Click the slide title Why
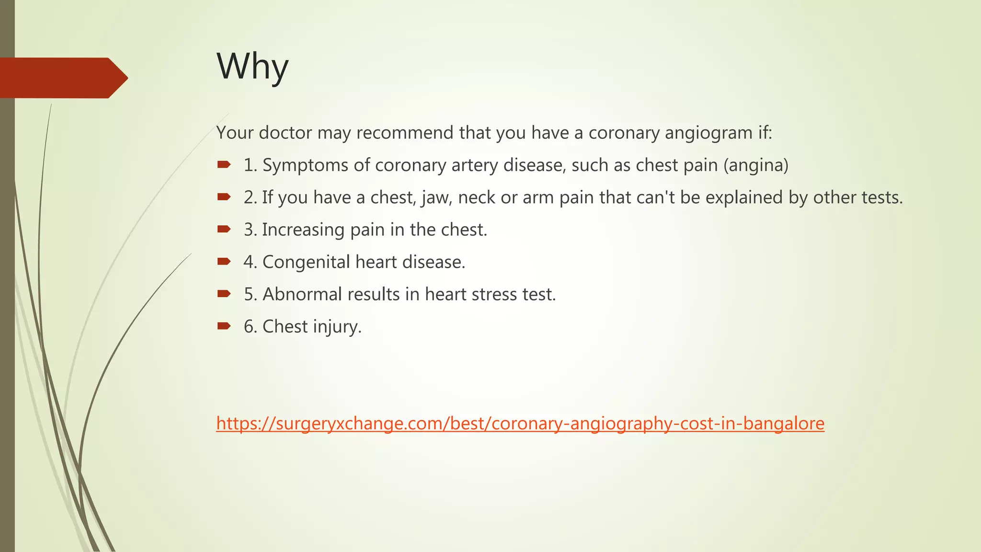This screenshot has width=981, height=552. pos(252,67)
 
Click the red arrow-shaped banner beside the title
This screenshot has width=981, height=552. pos(62,78)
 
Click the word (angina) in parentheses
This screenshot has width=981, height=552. pos(755,165)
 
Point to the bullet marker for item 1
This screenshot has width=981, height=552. pos(224,165)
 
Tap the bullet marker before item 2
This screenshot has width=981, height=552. pos(224,197)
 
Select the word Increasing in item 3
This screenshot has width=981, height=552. pos(303,230)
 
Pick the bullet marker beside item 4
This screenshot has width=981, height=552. pos(224,262)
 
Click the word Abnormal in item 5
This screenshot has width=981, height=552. pos(302,294)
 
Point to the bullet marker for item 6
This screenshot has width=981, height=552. pos(224,326)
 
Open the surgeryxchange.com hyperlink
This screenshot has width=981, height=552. pos(520,424)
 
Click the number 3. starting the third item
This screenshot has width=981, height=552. pos(251,230)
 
